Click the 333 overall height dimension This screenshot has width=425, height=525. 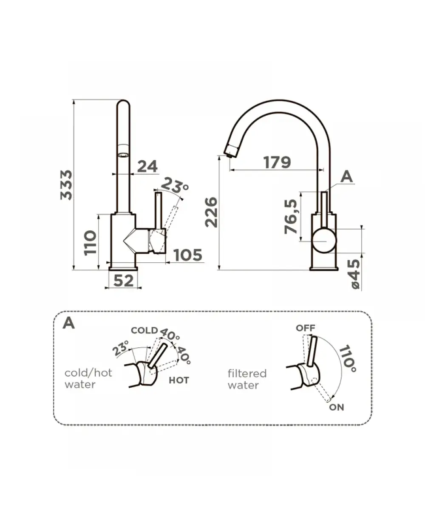66,185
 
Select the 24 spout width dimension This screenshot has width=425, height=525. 147,166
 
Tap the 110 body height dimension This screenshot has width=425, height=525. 90,242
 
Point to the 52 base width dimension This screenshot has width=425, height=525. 124,281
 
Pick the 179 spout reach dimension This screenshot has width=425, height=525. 277,162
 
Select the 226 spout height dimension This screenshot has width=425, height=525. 211,212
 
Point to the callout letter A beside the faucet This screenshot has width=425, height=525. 347,176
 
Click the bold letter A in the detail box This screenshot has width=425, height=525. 69,323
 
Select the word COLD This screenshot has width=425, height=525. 144,331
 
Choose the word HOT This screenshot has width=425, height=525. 179,380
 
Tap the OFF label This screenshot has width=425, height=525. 306,328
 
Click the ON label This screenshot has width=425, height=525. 337,407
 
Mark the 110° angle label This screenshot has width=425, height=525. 348,358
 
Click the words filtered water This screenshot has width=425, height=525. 247,379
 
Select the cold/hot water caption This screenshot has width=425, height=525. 88,378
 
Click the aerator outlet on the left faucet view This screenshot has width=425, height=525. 123,155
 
